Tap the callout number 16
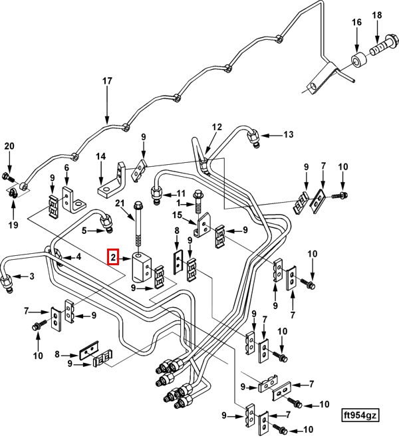click(x=357, y=22)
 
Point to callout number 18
click(x=377, y=15)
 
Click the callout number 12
click(x=217, y=126)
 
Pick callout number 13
click(x=288, y=134)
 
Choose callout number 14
click(x=100, y=158)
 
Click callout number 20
click(x=9, y=146)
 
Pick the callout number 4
click(x=78, y=257)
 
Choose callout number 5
click(x=84, y=231)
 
